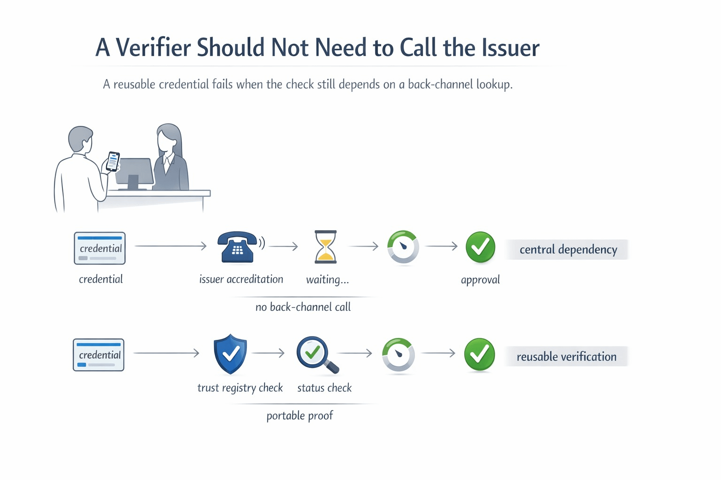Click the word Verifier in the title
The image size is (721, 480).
click(x=153, y=47)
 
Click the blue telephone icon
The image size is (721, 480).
click(x=238, y=247)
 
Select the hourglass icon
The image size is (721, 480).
click(x=325, y=247)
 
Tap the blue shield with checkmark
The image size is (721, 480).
click(x=230, y=354)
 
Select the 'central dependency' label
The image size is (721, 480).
click(x=568, y=249)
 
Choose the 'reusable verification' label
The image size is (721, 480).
click(x=567, y=357)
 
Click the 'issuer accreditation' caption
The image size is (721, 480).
click(x=241, y=279)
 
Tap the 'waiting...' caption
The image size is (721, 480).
click(x=328, y=280)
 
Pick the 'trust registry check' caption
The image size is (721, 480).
click(x=240, y=388)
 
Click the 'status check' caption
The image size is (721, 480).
click(x=324, y=388)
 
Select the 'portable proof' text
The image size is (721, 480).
click(x=299, y=416)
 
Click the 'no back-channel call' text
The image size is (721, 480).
click(x=303, y=307)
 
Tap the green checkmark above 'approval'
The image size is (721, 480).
click(x=480, y=247)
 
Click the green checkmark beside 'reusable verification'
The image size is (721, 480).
click(x=479, y=354)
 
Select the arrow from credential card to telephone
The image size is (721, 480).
click(x=170, y=246)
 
